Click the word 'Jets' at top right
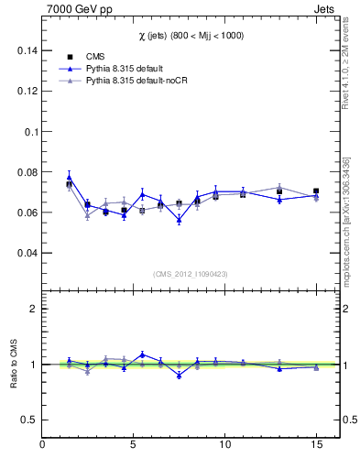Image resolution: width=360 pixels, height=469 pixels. pos(325,8)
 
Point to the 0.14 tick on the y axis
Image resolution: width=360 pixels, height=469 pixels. pos(28,51)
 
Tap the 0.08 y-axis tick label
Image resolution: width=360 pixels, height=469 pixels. pos(28,172)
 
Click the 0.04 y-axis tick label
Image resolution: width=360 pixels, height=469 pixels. pos(28,253)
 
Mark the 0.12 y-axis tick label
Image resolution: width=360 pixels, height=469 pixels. pos(28,92)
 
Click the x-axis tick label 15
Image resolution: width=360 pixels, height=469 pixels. pos(315,444)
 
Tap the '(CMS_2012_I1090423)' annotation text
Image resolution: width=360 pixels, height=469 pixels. pos(190,273)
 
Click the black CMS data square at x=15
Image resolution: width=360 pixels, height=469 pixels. pos(316,191)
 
